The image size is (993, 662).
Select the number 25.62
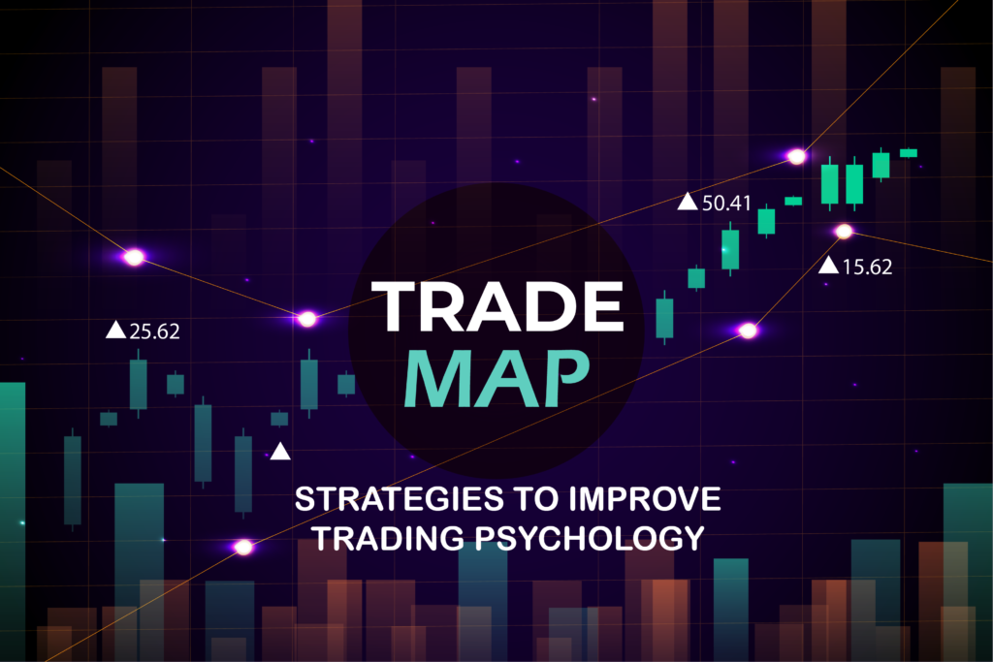155,331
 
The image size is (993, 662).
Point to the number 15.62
867,267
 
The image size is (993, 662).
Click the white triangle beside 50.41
688,202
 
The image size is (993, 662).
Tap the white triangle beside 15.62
829,266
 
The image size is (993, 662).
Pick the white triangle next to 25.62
115,331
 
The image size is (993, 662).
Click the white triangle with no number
280,451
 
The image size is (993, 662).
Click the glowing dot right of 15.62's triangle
844,231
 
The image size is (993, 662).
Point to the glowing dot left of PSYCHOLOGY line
243,547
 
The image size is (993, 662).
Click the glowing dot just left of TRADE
307,318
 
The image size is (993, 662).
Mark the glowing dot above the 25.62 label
134,257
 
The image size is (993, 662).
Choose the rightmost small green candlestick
909,152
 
